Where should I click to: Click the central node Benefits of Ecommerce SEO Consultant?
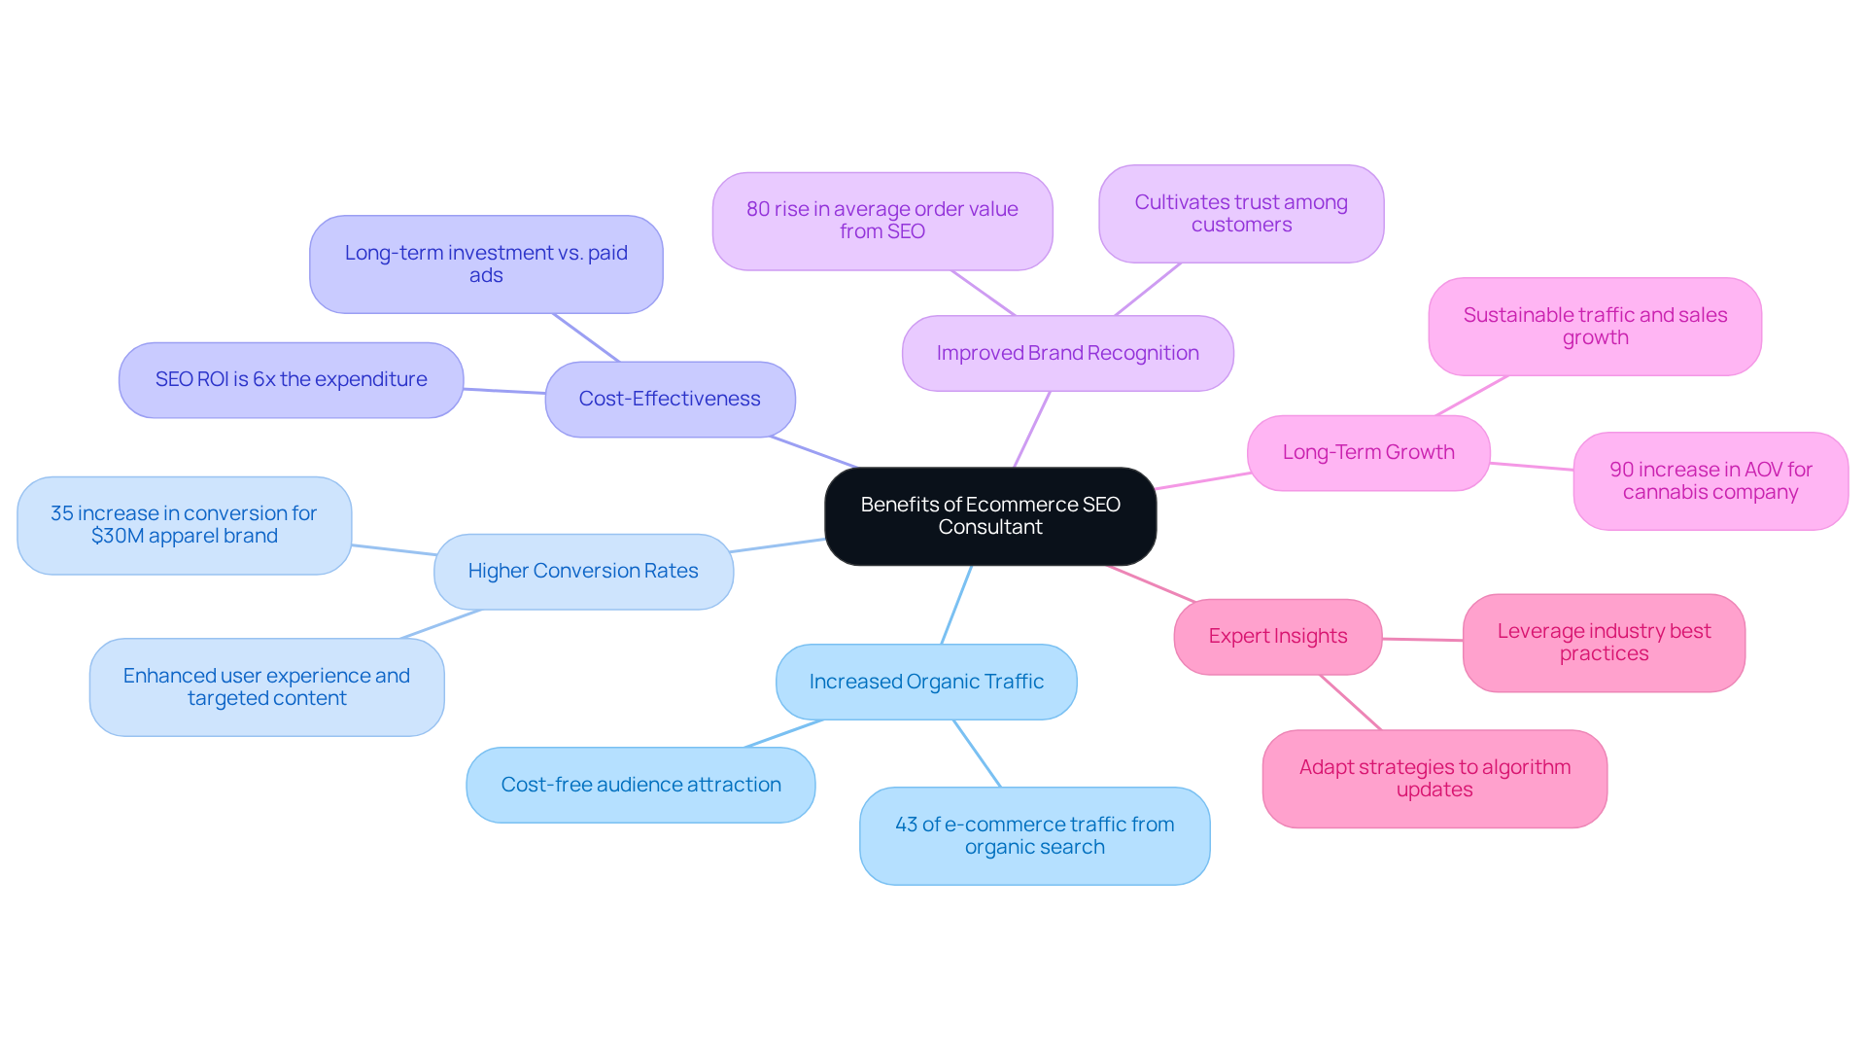[x=989, y=516]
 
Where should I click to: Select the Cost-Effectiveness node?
[x=670, y=399]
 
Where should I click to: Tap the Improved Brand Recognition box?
[x=1067, y=353]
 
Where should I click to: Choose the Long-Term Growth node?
[x=1367, y=452]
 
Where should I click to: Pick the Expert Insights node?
[x=1277, y=636]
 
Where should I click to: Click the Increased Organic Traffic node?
[x=925, y=682]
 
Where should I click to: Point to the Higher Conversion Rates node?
[x=582, y=571]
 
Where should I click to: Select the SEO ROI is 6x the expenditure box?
[x=291, y=379]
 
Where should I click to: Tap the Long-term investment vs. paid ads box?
[x=486, y=263]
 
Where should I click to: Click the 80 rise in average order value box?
[x=881, y=221]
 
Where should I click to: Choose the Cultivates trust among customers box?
[x=1241, y=213]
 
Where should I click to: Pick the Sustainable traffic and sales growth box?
[x=1595, y=326]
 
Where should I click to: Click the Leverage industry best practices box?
[x=1604, y=642]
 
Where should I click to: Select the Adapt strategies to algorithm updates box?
[x=1434, y=778]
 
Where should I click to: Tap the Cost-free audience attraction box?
[x=640, y=785]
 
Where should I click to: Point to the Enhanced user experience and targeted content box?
[x=266, y=686]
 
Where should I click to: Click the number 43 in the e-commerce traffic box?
[x=906, y=825]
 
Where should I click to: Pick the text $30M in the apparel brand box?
[x=115, y=536]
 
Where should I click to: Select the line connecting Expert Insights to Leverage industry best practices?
[x=1422, y=640]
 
